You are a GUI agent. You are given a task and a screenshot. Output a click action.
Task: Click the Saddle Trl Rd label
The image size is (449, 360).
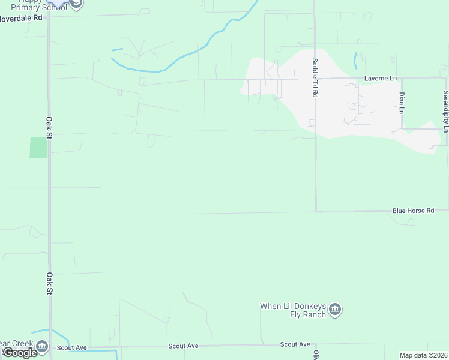click(x=314, y=78)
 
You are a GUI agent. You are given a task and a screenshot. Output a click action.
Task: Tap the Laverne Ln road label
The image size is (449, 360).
click(x=381, y=79)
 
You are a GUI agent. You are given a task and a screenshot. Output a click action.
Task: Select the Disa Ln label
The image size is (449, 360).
click(x=402, y=102)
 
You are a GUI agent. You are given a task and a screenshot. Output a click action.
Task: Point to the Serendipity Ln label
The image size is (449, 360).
click(x=445, y=112)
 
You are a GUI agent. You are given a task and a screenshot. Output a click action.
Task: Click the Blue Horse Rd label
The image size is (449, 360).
click(x=413, y=211)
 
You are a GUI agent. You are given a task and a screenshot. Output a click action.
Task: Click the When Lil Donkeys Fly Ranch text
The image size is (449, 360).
click(x=293, y=310)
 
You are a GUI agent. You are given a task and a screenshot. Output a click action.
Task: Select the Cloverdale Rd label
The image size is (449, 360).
click(x=22, y=18)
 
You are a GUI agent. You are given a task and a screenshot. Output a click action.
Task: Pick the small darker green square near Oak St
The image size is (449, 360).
click(x=38, y=148)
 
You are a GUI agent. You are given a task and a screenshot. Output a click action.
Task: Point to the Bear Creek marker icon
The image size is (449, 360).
click(x=41, y=346)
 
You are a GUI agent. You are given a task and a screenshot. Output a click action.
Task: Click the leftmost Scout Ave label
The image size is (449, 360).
click(x=72, y=347)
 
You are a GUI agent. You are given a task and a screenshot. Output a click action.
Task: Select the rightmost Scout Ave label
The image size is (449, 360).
click(x=295, y=344)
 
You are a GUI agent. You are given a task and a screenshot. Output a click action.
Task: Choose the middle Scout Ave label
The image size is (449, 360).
click(x=183, y=346)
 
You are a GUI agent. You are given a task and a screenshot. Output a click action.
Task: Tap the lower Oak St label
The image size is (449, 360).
click(x=50, y=283)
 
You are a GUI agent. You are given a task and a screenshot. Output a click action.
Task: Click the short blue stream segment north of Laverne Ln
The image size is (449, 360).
click(x=356, y=61)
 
